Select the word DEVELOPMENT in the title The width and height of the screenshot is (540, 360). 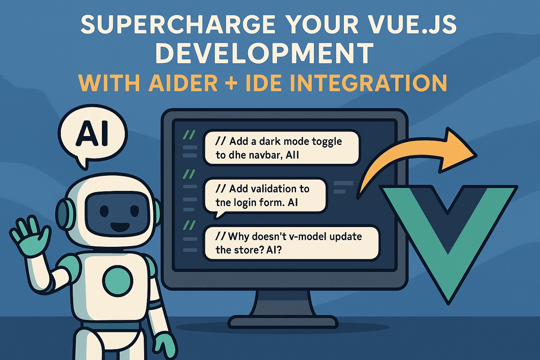264,53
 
